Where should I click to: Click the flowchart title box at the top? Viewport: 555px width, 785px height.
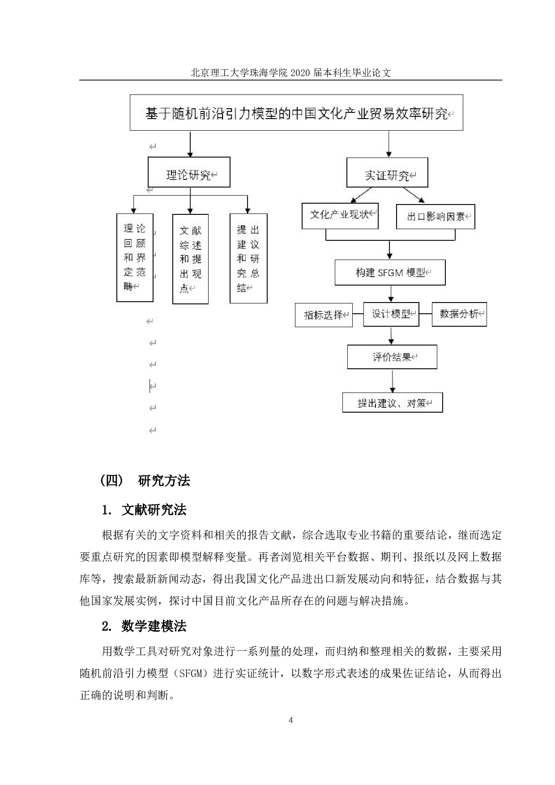pos(296,113)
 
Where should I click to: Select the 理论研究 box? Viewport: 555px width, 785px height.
pos(189,172)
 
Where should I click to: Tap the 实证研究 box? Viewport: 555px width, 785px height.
pos(387,173)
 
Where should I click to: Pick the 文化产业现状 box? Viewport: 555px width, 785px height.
pos(340,216)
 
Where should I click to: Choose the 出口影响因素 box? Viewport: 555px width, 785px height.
pos(435,217)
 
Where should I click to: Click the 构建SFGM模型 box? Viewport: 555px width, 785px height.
pos(390,273)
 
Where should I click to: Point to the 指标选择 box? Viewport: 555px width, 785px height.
pos(324,315)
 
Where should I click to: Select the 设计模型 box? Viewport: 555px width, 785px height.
pos(391,314)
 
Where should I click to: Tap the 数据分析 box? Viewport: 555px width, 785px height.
pos(459,314)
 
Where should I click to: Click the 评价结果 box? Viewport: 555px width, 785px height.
pos(392,357)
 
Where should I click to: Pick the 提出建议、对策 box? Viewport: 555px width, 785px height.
pos(393,403)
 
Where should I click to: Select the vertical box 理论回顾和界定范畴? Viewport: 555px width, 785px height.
pos(135,257)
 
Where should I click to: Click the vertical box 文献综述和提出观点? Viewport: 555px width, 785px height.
pos(190,259)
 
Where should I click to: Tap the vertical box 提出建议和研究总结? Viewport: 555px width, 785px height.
pos(248,258)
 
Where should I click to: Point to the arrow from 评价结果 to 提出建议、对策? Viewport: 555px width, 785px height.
pos(393,381)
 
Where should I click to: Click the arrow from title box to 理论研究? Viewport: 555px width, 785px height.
pos(191,144)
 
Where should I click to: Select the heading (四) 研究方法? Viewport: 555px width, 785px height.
pos(145,481)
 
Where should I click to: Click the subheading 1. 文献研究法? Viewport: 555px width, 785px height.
pos(144,510)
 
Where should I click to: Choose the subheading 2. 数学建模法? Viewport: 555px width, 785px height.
pos(144,627)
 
